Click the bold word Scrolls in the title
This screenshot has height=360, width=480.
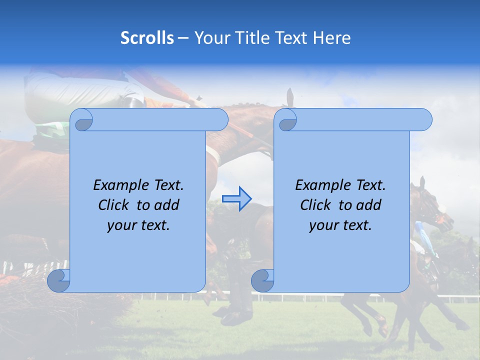(x=147, y=37)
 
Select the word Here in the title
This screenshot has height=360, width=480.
(x=332, y=37)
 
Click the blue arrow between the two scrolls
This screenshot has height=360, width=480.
(x=236, y=198)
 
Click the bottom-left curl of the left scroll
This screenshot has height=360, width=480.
(x=59, y=280)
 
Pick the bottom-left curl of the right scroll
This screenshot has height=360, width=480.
(x=262, y=280)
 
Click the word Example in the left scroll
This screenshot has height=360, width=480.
(x=118, y=185)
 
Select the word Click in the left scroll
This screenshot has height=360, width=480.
(x=114, y=205)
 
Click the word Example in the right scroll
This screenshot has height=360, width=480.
(x=320, y=185)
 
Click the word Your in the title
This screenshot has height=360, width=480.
(x=209, y=37)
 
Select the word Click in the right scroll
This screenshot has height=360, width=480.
(x=316, y=205)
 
